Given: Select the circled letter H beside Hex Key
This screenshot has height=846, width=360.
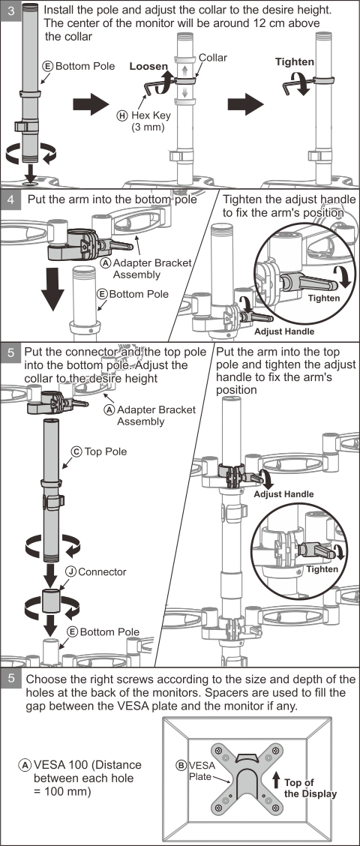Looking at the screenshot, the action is [x=122, y=115].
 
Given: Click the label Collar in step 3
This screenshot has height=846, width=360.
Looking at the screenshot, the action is [x=213, y=58].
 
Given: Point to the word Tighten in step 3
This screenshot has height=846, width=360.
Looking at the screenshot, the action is [x=294, y=62].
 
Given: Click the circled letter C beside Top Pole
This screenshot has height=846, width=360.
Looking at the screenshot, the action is [x=76, y=451].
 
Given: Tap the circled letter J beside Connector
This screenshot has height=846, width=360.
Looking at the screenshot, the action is [x=70, y=571].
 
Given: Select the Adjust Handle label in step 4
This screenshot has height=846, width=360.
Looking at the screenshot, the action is [x=284, y=331].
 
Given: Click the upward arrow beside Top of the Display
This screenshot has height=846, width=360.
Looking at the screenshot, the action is [x=276, y=780].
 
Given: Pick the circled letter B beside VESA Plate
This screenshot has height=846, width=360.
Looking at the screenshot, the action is [x=181, y=764].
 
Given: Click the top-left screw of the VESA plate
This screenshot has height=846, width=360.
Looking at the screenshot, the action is [x=219, y=750].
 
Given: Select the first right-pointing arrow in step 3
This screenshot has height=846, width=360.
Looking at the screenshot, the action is [x=91, y=104].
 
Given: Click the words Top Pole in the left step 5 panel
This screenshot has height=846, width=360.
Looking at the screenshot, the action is [x=106, y=451].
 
